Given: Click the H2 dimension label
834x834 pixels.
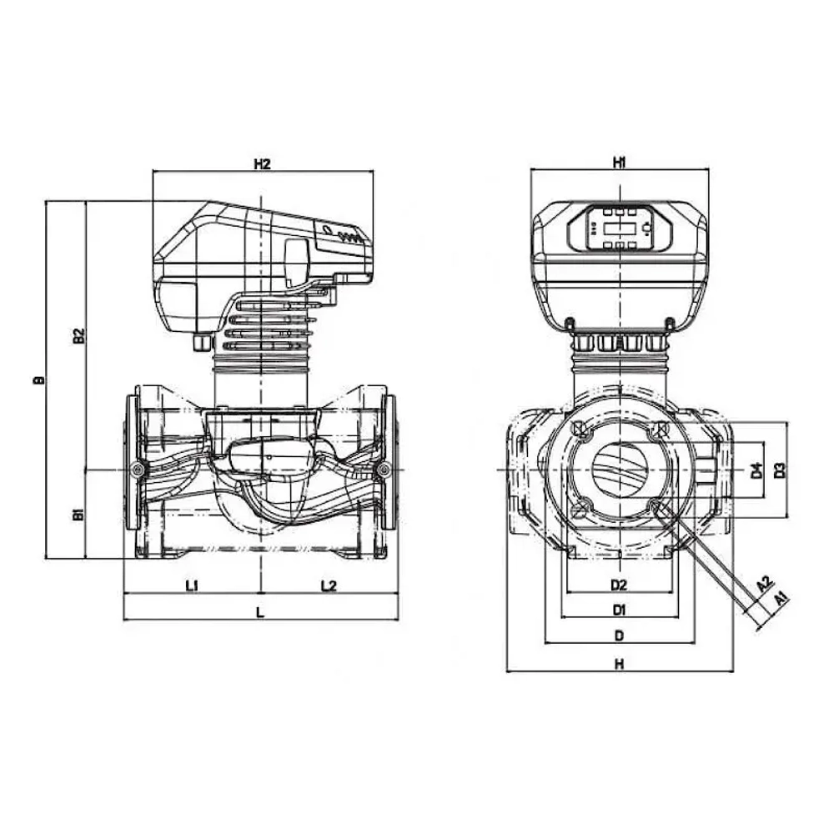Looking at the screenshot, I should coord(262,164).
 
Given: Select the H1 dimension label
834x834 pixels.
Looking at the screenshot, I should coord(619,164).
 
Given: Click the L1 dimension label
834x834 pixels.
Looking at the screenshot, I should coord(191,585).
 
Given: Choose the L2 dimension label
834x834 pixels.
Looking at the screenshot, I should coord(328,585).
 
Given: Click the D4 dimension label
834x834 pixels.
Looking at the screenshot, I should coord(756,470).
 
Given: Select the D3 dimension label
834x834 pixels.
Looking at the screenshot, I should coord(780,470).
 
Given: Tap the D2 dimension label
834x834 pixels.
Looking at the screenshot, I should coord(618,583).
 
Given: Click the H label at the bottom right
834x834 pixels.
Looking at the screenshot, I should coord(618,664).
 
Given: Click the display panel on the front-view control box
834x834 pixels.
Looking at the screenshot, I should coord(620,227).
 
